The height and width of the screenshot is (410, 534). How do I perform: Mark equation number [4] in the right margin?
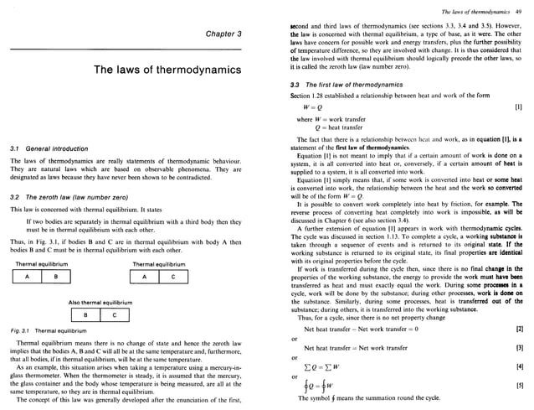click(518, 366)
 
